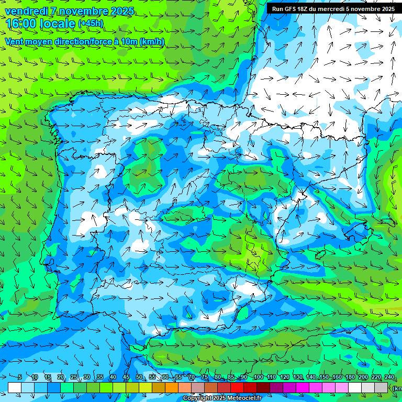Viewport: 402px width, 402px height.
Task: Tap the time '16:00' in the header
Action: (20, 24)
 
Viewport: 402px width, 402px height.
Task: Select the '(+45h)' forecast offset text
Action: (91, 24)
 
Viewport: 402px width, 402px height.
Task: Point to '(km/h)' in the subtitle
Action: (152, 42)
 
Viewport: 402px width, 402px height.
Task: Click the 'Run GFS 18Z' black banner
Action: (333, 8)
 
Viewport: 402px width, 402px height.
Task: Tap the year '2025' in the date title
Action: (119, 11)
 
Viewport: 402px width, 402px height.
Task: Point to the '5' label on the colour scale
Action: (20, 377)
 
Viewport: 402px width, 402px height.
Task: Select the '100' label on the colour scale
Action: (258, 377)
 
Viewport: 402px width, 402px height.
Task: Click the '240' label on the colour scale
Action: (389, 377)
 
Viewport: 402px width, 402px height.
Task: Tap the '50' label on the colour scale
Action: (139, 377)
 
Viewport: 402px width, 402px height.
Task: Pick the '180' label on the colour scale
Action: (350, 377)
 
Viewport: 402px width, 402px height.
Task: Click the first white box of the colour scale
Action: (15, 387)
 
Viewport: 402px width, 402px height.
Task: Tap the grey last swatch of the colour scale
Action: (381, 387)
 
